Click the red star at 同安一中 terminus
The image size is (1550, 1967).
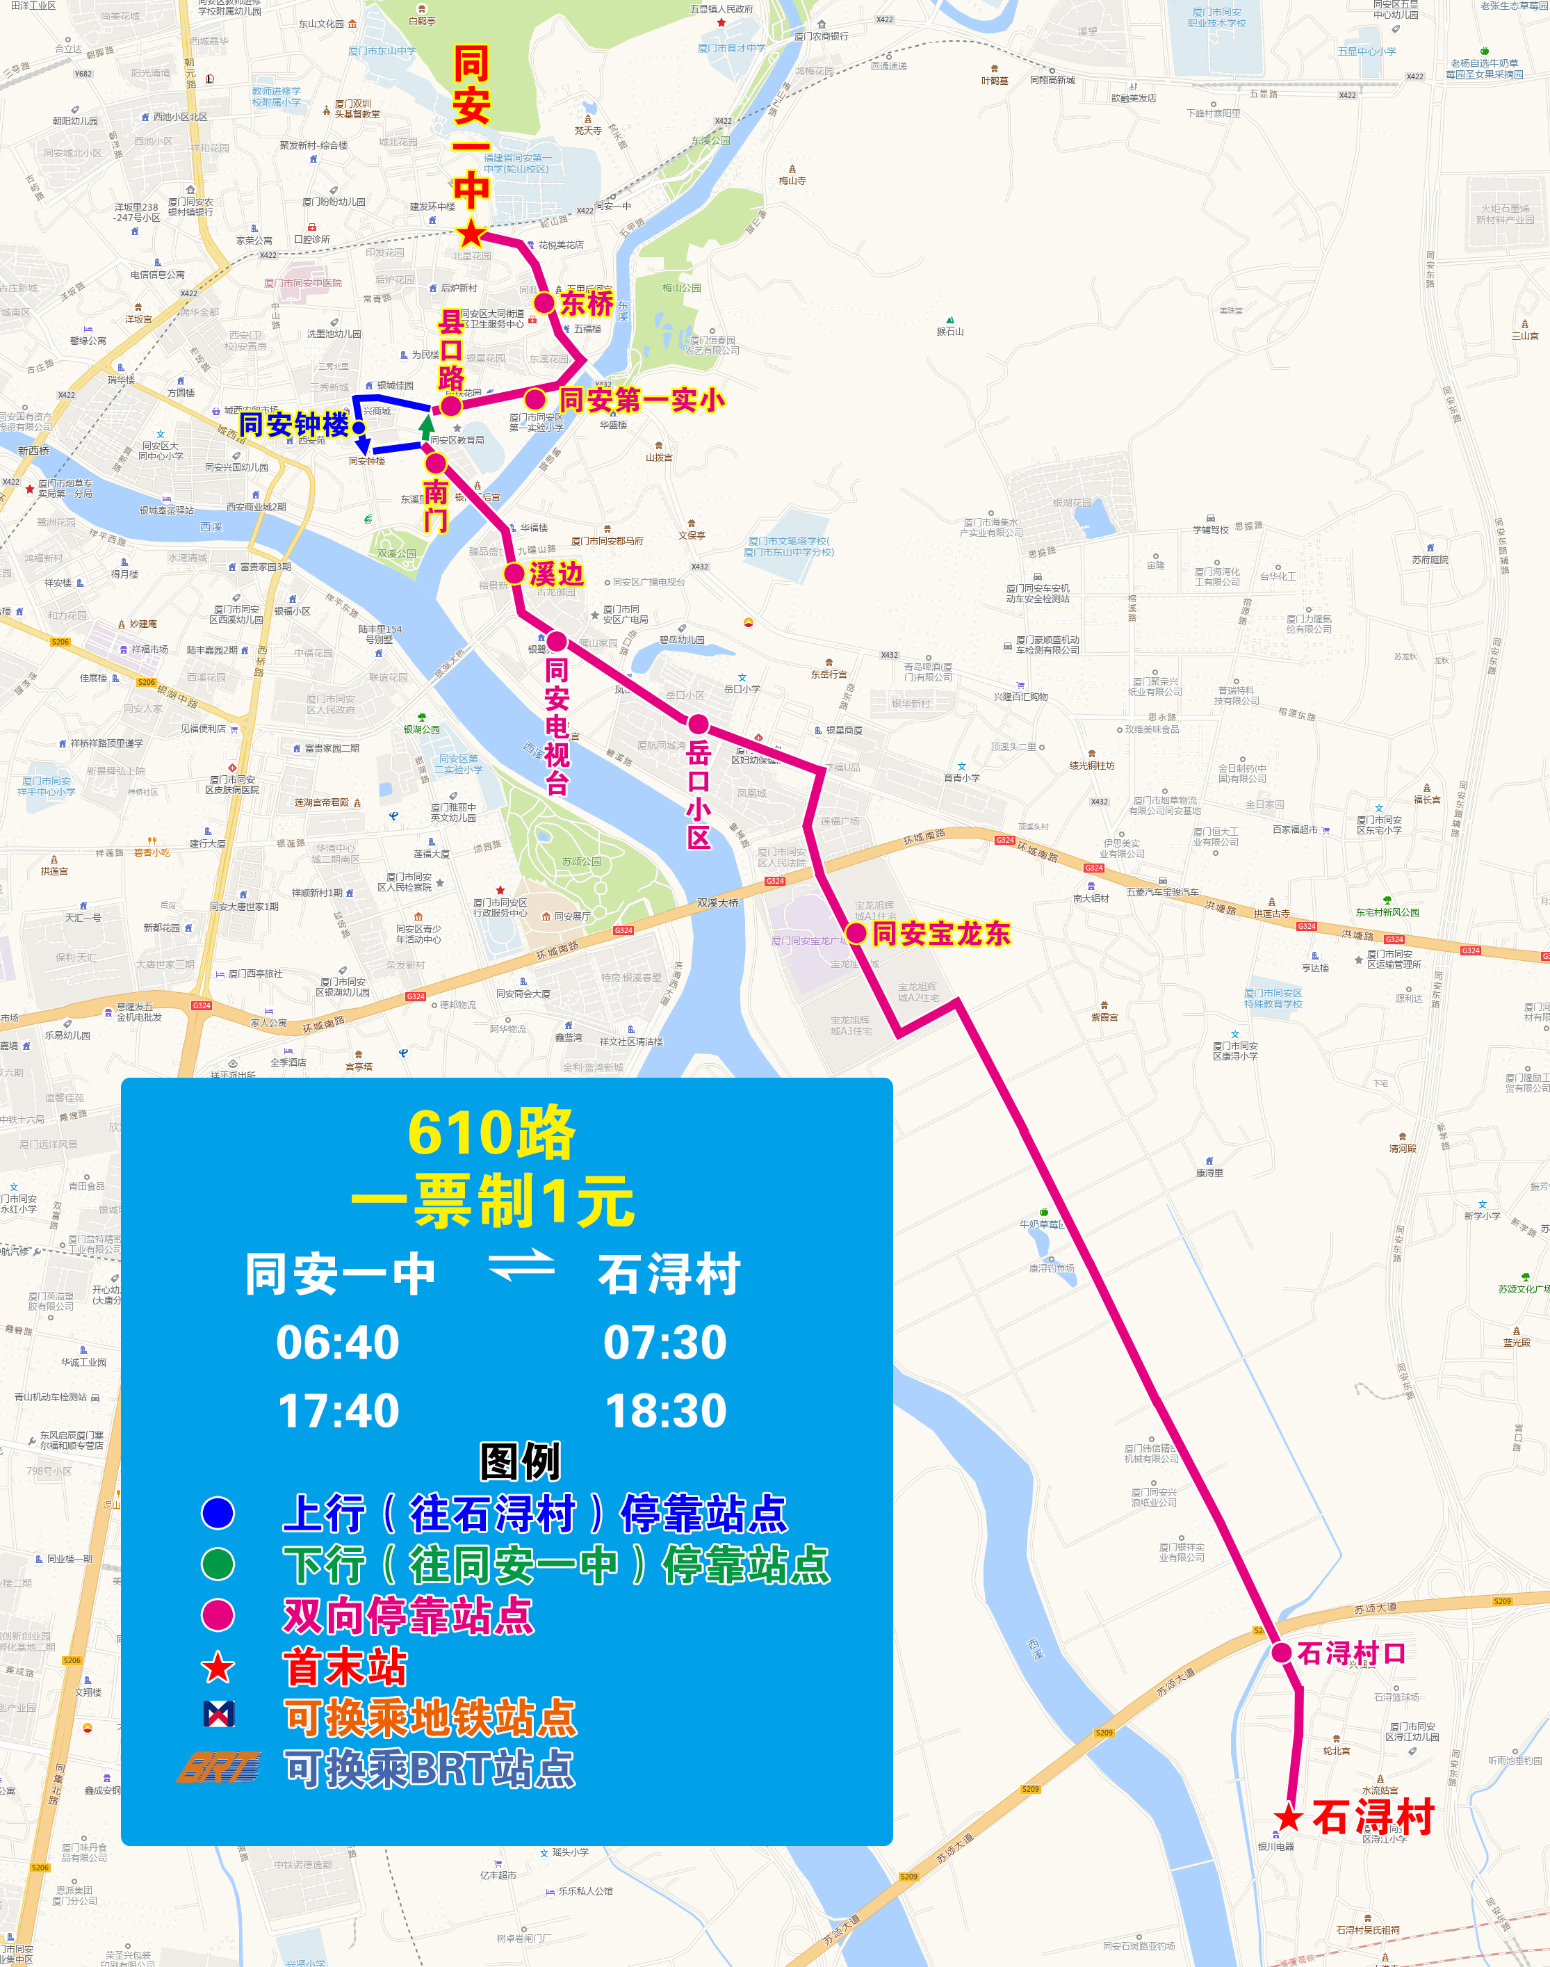(x=471, y=234)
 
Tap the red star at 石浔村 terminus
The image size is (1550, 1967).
(x=1289, y=1818)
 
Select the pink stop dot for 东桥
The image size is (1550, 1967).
(x=544, y=302)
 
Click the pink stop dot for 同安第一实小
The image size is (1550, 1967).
(x=535, y=399)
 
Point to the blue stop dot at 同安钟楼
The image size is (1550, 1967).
(x=359, y=427)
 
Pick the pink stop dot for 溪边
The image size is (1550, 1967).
(x=514, y=573)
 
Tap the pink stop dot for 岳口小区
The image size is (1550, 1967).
(x=698, y=725)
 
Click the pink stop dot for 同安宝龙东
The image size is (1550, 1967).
(x=856, y=932)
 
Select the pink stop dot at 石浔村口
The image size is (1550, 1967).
(x=1282, y=1653)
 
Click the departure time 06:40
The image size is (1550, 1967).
(x=338, y=1342)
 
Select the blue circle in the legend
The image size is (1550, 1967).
(x=218, y=1513)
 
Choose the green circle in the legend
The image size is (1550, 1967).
(x=218, y=1564)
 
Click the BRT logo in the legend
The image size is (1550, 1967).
(x=219, y=1768)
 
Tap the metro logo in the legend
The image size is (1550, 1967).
(x=219, y=1714)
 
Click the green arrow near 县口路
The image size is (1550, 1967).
(x=427, y=425)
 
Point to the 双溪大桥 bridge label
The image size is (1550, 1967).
(x=718, y=902)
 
